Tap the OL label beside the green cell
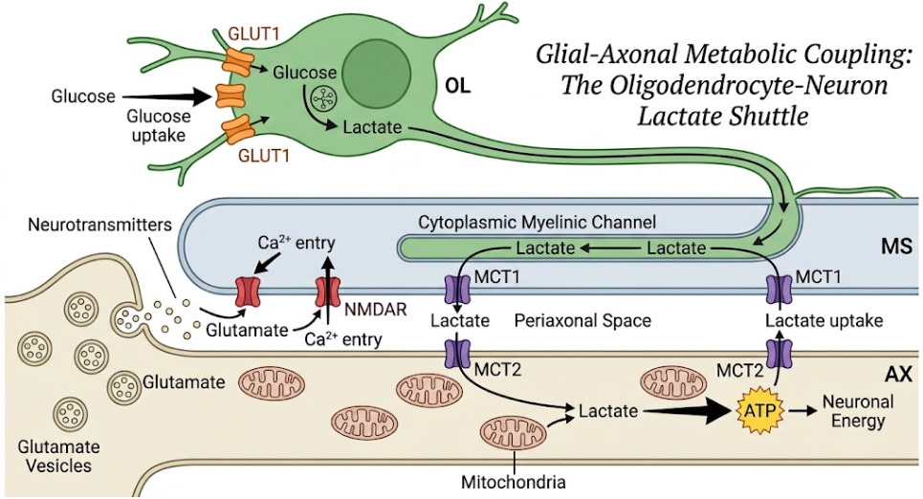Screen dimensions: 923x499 (x=457, y=86)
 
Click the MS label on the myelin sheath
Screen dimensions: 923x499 (x=896, y=246)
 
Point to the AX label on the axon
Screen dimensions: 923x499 (x=898, y=374)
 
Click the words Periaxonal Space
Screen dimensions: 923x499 (x=582, y=320)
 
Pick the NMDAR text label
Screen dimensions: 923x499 (x=376, y=309)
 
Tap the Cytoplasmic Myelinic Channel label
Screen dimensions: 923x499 (x=537, y=223)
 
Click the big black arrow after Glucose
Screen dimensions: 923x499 (x=167, y=96)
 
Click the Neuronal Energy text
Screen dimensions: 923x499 (x=858, y=411)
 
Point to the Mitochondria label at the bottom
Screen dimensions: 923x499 (x=514, y=483)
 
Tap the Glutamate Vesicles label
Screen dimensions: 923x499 (x=59, y=456)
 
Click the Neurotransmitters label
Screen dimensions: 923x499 (x=100, y=225)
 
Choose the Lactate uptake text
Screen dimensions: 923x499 (x=824, y=320)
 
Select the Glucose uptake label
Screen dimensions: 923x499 (x=159, y=125)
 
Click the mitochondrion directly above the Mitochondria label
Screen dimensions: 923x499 (x=514, y=434)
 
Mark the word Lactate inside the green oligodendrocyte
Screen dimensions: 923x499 (x=372, y=128)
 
